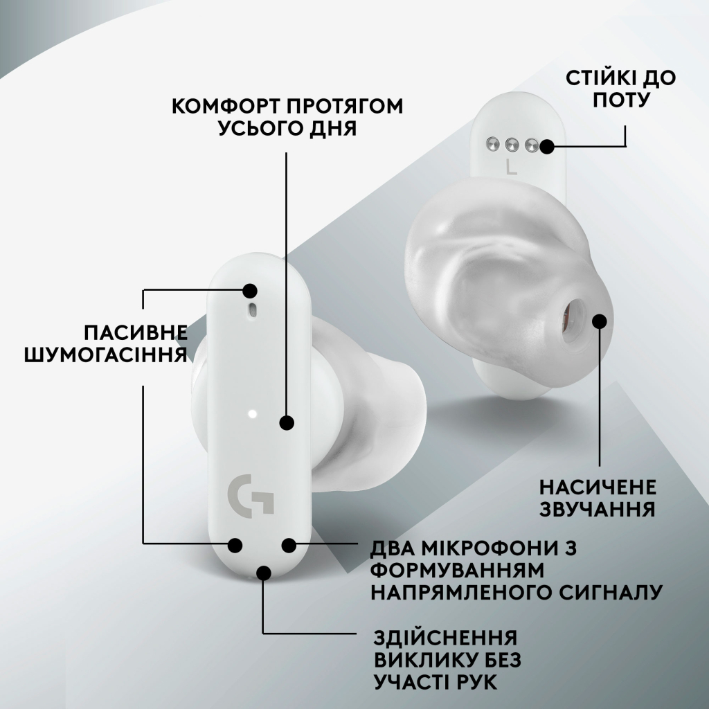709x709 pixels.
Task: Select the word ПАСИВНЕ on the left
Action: (136, 331)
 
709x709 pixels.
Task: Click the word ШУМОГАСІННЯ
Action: (106, 354)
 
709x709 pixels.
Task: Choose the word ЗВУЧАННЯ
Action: (598, 510)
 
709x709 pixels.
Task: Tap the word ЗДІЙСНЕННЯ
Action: (446, 638)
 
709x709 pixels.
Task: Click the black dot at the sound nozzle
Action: (600, 321)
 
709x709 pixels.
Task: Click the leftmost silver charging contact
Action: (492, 144)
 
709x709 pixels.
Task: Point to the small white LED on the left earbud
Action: (251, 414)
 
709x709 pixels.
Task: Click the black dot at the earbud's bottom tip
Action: (264, 572)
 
